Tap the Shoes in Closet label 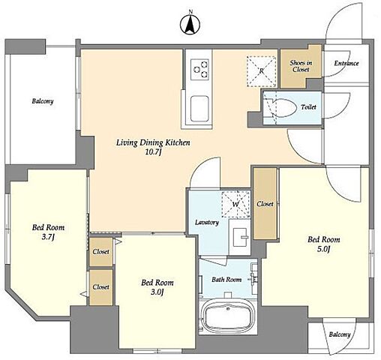pos(301,66)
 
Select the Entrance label pos(346,63)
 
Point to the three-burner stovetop pos(199,69)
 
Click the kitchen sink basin pos(199,109)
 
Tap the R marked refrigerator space pos(261,71)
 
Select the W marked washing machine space pos(235,204)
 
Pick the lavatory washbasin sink pos(241,237)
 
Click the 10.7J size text pos(153,152)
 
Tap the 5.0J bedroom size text pos(323,249)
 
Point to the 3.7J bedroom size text pos(48,237)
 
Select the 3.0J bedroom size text pos(157,292)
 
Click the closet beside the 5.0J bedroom pos(265,204)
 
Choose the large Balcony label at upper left pos(43,101)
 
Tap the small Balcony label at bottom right pos(340,334)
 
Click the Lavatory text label pos(207,222)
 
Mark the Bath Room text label pos(226,279)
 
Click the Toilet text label pos(308,107)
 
